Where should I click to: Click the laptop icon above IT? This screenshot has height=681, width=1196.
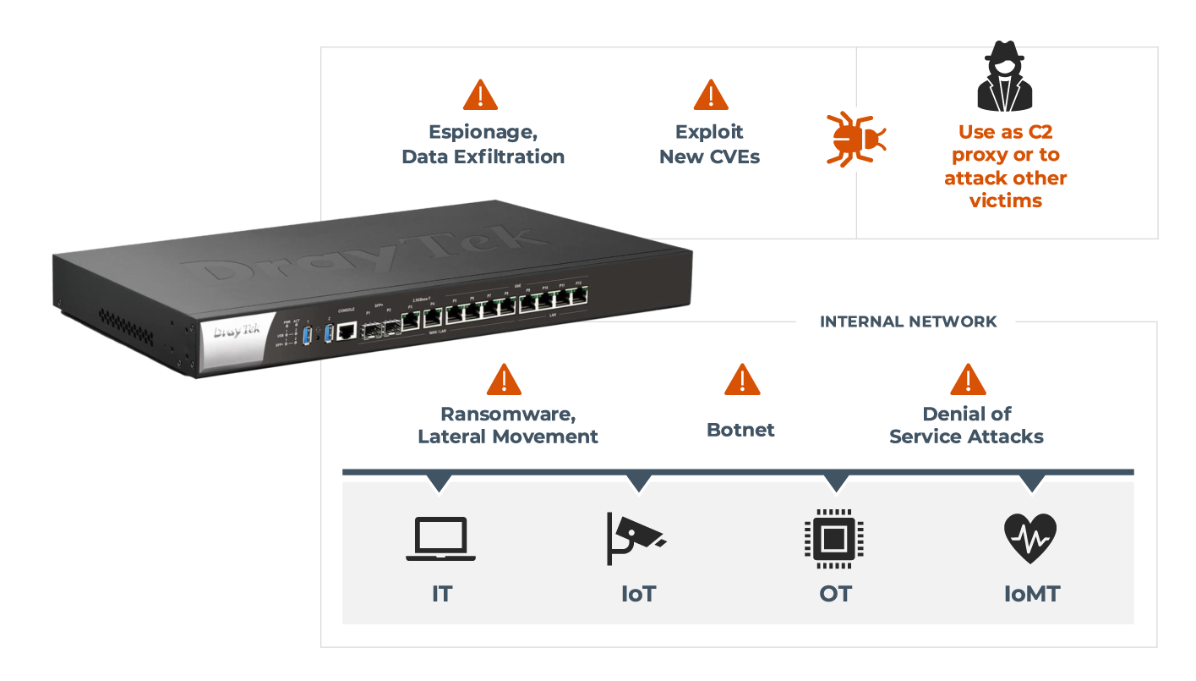coord(440,539)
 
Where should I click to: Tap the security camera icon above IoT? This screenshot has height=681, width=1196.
coord(636,537)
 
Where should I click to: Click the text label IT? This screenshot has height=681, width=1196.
coord(441,593)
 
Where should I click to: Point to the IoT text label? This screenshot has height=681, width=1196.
coord(638,593)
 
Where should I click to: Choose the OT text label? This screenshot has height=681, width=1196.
coord(835,593)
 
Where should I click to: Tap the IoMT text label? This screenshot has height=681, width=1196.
coord(1031,593)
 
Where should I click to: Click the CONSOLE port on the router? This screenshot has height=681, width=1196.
coord(346,331)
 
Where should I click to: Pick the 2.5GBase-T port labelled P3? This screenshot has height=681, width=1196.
coord(411,321)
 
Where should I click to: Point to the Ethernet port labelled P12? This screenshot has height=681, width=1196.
coord(579,296)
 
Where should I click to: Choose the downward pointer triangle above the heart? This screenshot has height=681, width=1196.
coord(1031,484)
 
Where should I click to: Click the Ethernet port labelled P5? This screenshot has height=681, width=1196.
coord(456,315)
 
